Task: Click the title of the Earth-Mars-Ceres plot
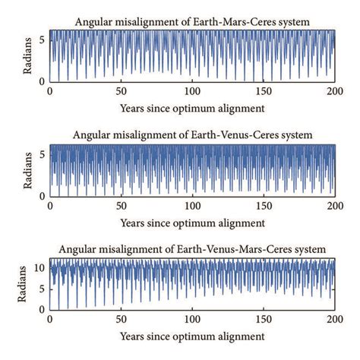point(192,22)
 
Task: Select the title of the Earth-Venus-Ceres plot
point(193,135)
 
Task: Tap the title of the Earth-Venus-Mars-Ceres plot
point(192,249)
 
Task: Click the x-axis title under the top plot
point(193,107)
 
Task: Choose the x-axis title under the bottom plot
point(193,335)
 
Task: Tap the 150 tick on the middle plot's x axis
point(264,205)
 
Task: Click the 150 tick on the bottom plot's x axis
point(264,319)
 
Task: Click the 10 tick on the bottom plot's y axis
point(40,268)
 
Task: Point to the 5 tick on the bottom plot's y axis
point(43,289)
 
